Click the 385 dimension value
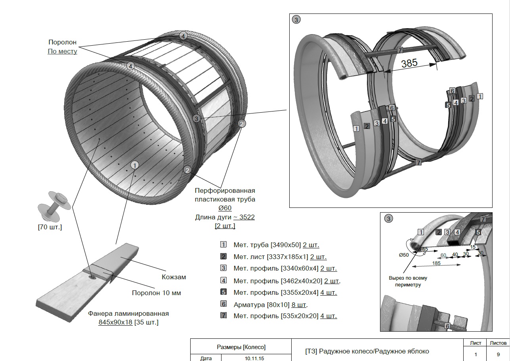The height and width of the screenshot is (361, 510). (x=409, y=63)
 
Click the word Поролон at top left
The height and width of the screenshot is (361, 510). (x=62, y=42)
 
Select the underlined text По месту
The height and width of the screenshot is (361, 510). (x=62, y=51)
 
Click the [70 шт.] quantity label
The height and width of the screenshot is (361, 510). (x=50, y=227)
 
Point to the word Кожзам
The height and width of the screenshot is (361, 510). (x=174, y=277)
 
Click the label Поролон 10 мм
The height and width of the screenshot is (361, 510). (x=156, y=293)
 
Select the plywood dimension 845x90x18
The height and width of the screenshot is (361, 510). (x=115, y=322)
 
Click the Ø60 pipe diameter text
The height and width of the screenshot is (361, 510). (x=225, y=208)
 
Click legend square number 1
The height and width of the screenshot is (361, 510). (x=223, y=245)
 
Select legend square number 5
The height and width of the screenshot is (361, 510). (x=223, y=292)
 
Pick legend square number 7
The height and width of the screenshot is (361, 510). (x=223, y=316)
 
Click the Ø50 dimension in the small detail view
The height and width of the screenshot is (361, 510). (x=403, y=255)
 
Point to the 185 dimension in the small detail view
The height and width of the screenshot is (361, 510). (x=436, y=263)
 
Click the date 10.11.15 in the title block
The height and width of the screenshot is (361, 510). (x=254, y=358)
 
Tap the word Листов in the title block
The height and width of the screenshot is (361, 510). (x=498, y=343)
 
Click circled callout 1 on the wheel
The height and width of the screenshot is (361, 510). (x=135, y=165)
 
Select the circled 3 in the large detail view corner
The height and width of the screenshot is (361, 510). (x=296, y=19)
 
